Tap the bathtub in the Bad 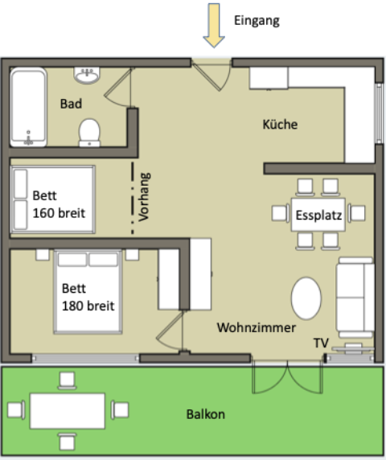tap(30, 107)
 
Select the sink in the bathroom tap(87, 76)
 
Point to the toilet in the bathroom tap(89, 131)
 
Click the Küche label tap(280, 125)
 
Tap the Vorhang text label tap(145, 197)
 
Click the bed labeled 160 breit tap(53, 199)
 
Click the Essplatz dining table tap(318, 215)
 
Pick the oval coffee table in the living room tap(306, 299)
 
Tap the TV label tap(321, 343)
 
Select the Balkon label tap(205, 415)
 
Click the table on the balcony tap(68, 410)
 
